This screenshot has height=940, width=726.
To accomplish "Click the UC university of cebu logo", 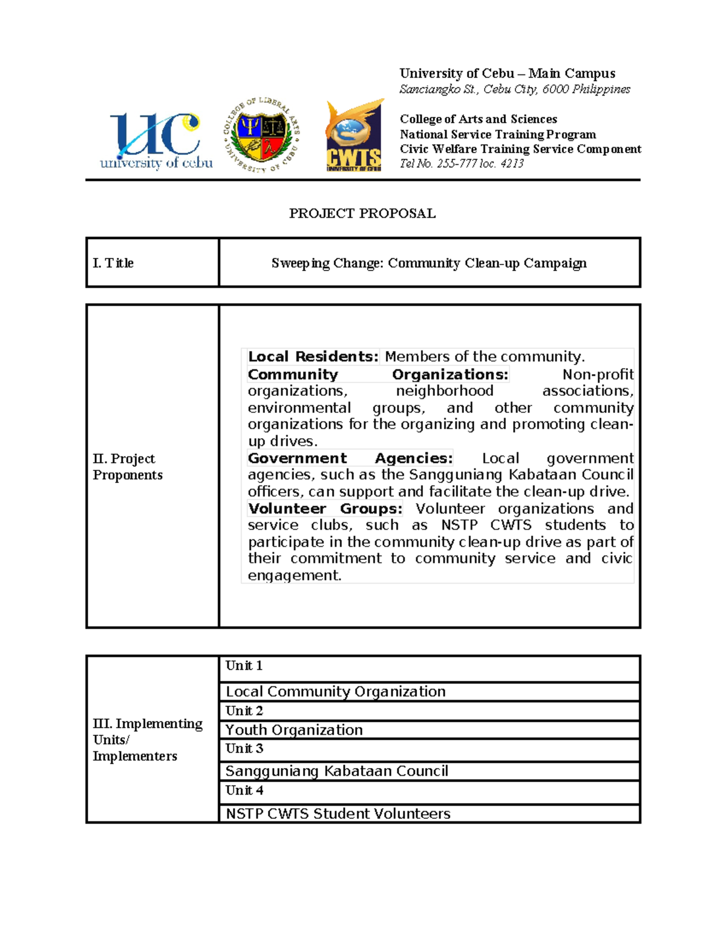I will click(x=156, y=141).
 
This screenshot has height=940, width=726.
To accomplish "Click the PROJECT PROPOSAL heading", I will click(x=362, y=213).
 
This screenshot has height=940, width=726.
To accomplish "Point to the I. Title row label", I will click(x=113, y=263).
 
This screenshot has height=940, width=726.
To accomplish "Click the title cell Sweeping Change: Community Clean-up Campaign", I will click(x=429, y=263).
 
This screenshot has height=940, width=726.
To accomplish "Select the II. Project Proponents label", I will click(x=127, y=467).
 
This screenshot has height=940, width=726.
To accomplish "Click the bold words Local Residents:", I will click(x=313, y=357).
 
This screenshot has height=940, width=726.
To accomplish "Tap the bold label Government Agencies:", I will click(x=350, y=458).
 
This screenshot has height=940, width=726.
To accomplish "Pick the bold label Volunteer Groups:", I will click(x=325, y=508).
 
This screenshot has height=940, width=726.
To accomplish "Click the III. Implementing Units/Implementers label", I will click(x=147, y=740).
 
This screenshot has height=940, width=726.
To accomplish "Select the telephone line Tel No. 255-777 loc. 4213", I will click(x=461, y=163).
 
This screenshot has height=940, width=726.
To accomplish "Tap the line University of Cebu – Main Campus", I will click(x=507, y=74).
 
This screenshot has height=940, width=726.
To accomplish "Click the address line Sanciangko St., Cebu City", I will click(x=514, y=90).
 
